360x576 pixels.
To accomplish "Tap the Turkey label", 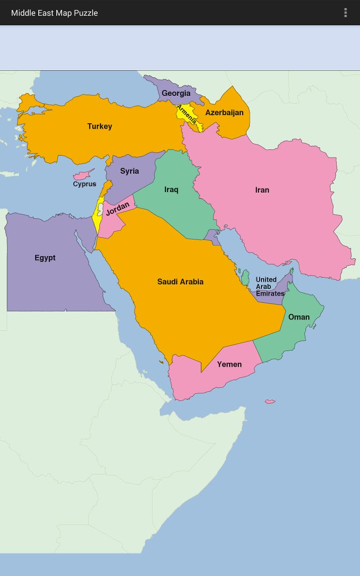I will point(99,126).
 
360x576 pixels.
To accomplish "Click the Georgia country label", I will point(176,94).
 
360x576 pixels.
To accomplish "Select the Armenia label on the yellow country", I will point(186,114).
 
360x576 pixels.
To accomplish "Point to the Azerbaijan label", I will point(224,112).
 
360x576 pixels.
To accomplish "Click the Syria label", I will point(129,171).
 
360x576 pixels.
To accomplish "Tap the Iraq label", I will point(171,189).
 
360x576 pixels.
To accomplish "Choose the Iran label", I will point(262,190).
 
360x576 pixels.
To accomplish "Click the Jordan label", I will point(117,208).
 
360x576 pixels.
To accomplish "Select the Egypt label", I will point(45,258).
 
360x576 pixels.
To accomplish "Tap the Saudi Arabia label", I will point(180,282).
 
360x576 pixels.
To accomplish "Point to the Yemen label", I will point(229,364).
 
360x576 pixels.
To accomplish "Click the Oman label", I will point(299,317).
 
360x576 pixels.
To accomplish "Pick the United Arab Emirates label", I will point(270,287).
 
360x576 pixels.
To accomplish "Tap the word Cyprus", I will point(85,184).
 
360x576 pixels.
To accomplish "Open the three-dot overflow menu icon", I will point(345,13).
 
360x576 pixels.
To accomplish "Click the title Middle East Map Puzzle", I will point(54,13).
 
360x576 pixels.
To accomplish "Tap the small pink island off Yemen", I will point(270,401).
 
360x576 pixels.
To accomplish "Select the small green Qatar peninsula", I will point(245,277).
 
